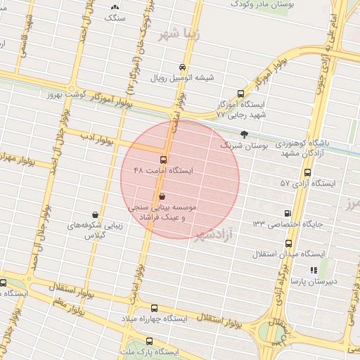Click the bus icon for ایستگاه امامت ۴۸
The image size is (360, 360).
163,160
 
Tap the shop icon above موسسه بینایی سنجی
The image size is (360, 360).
163,198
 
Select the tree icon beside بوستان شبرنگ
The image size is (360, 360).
244,134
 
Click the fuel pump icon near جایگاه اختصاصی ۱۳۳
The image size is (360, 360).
288,213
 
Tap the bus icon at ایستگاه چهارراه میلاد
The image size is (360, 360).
155,308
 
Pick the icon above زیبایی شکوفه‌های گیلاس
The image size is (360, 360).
95,214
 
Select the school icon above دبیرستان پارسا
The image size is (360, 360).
314,269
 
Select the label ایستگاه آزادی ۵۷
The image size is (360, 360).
308,183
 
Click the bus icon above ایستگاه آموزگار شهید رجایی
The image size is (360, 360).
242,93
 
